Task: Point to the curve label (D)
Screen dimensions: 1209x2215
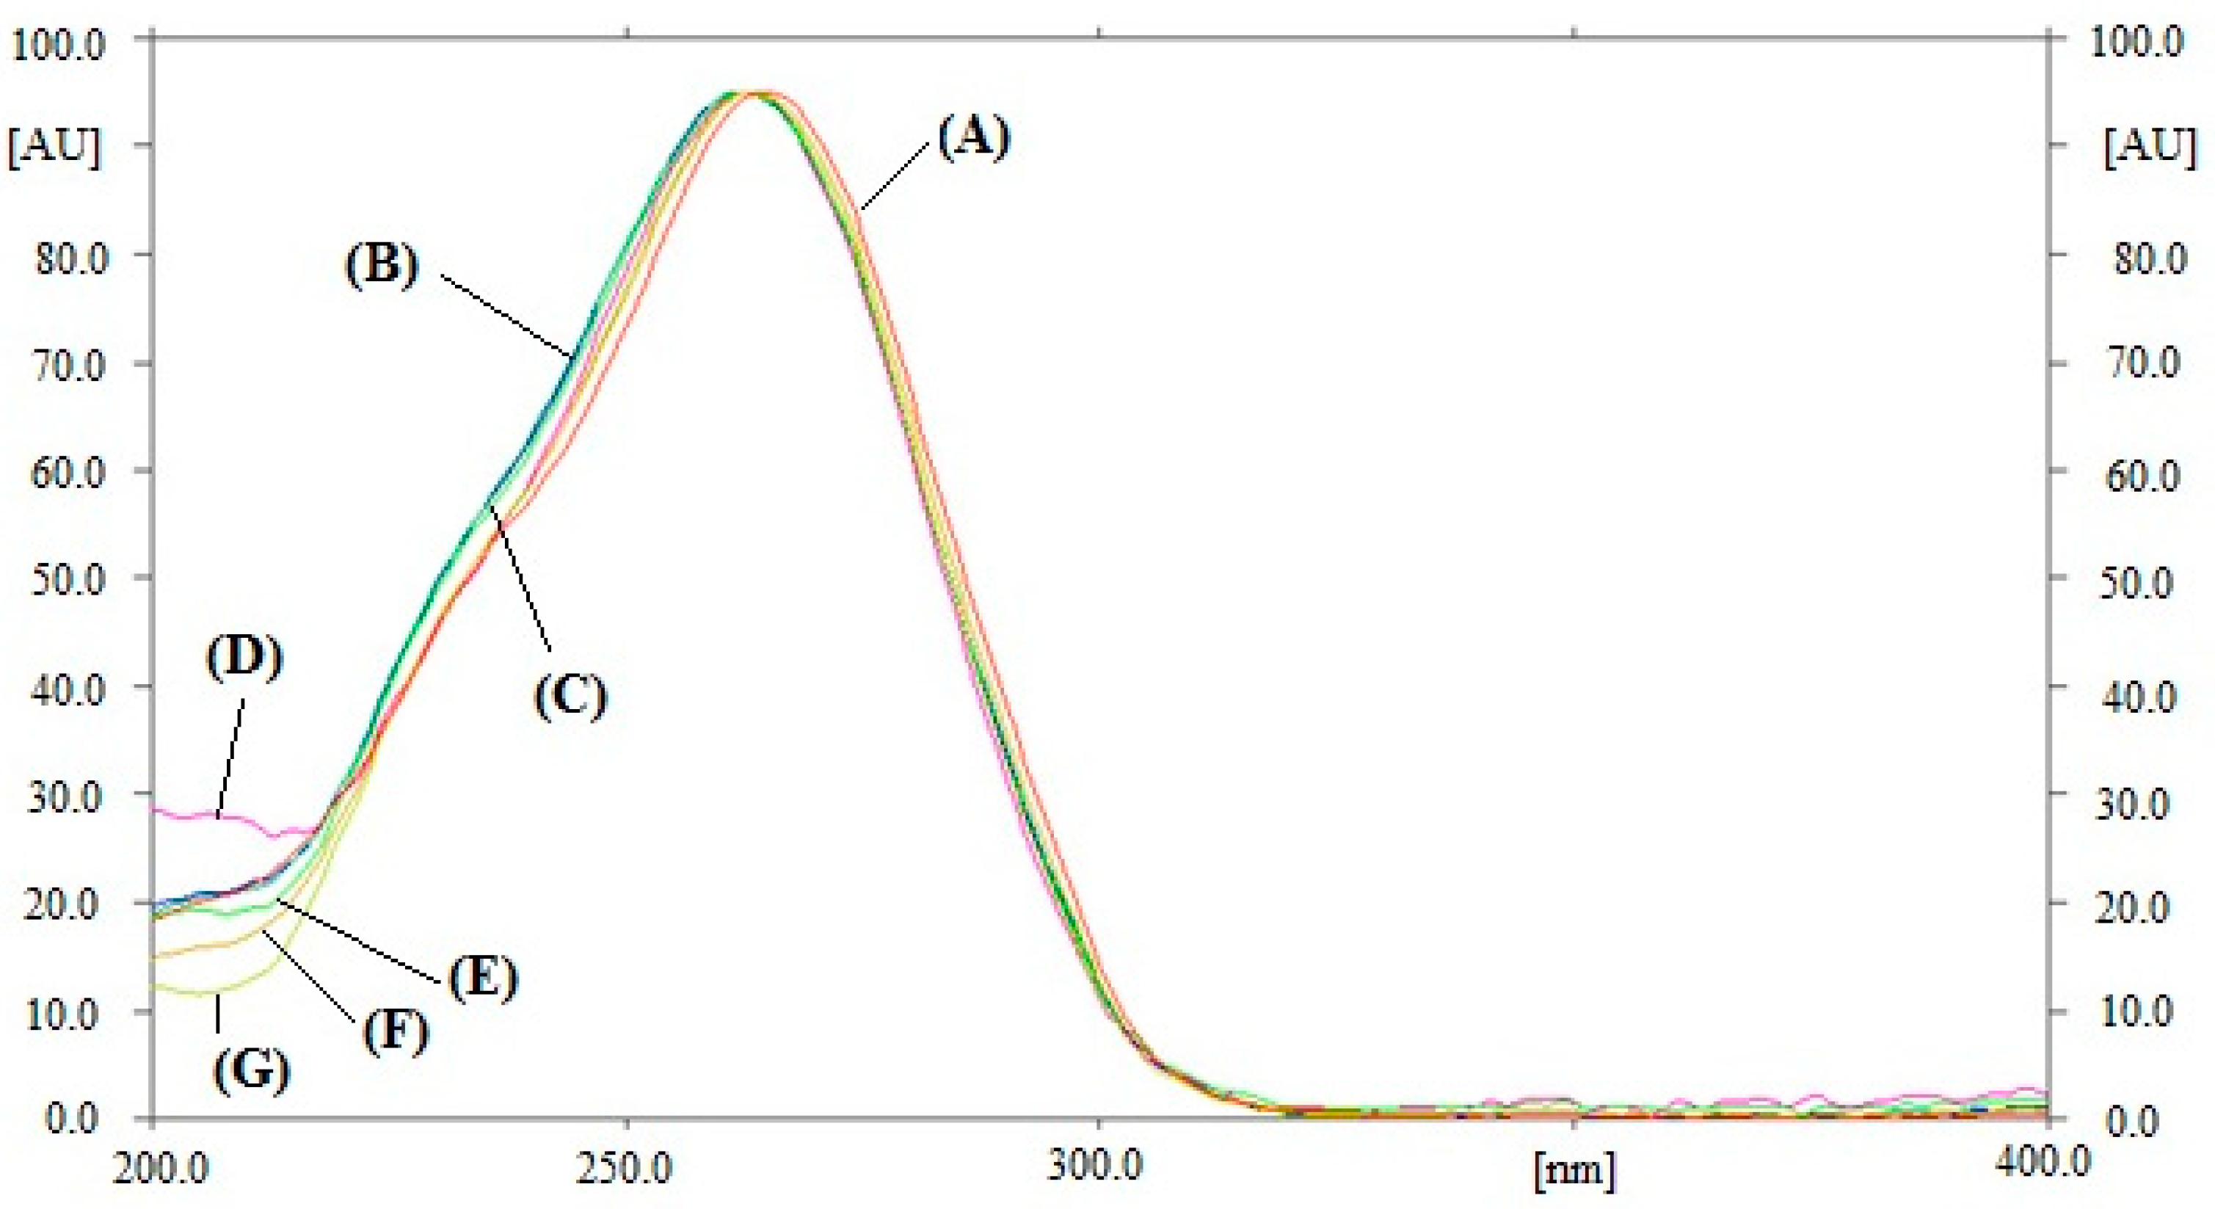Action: click(245, 658)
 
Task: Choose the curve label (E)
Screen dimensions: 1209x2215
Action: click(482, 978)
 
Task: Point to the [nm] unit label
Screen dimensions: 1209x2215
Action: click(1574, 1171)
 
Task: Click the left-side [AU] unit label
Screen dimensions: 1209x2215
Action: click(54, 146)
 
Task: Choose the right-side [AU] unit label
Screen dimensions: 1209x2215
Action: click(2149, 146)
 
